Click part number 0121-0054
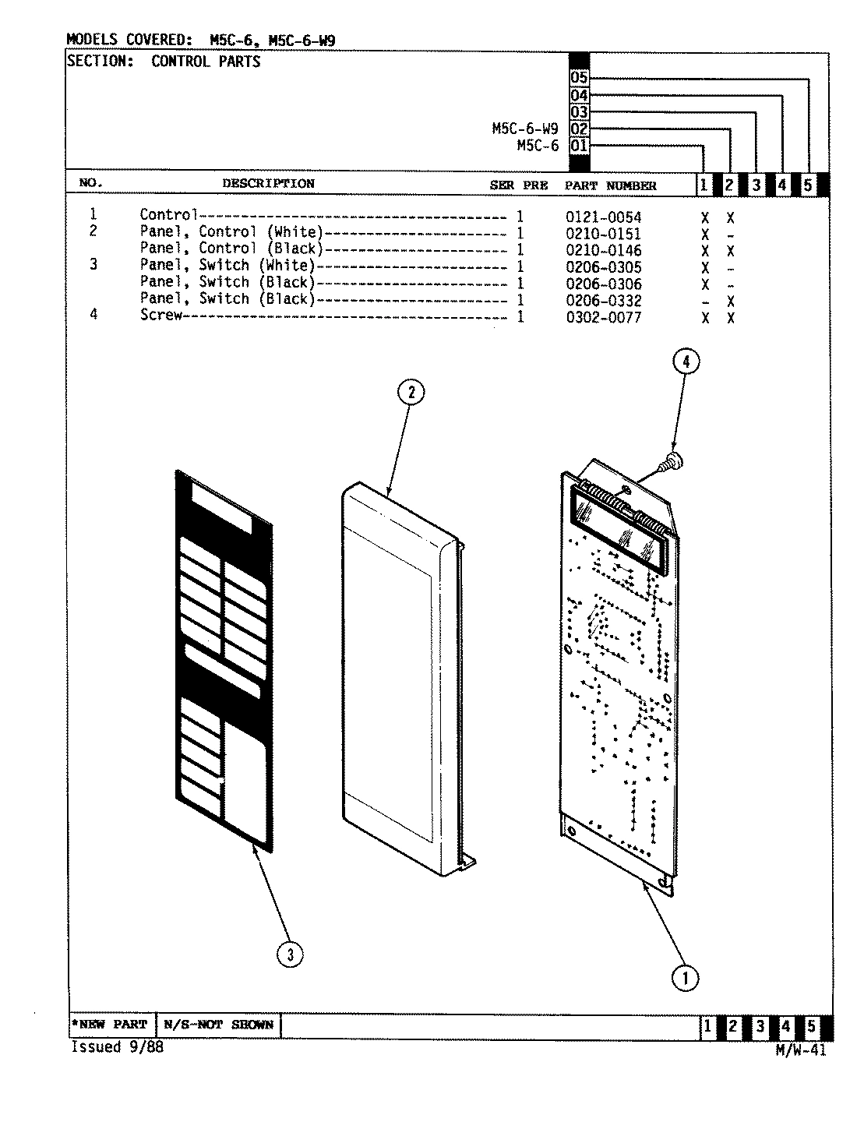603,217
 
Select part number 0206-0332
603,301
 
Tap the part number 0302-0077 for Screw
603,318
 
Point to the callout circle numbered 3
290,955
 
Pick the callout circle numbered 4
686,361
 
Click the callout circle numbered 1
686,978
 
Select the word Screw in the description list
160,316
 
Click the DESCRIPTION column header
268,184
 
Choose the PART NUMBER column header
610,185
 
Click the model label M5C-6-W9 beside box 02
524,129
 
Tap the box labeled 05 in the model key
579,79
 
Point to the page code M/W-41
800,1050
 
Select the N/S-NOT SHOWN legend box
218,1025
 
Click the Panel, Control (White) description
231,232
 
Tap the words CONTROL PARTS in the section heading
206,62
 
